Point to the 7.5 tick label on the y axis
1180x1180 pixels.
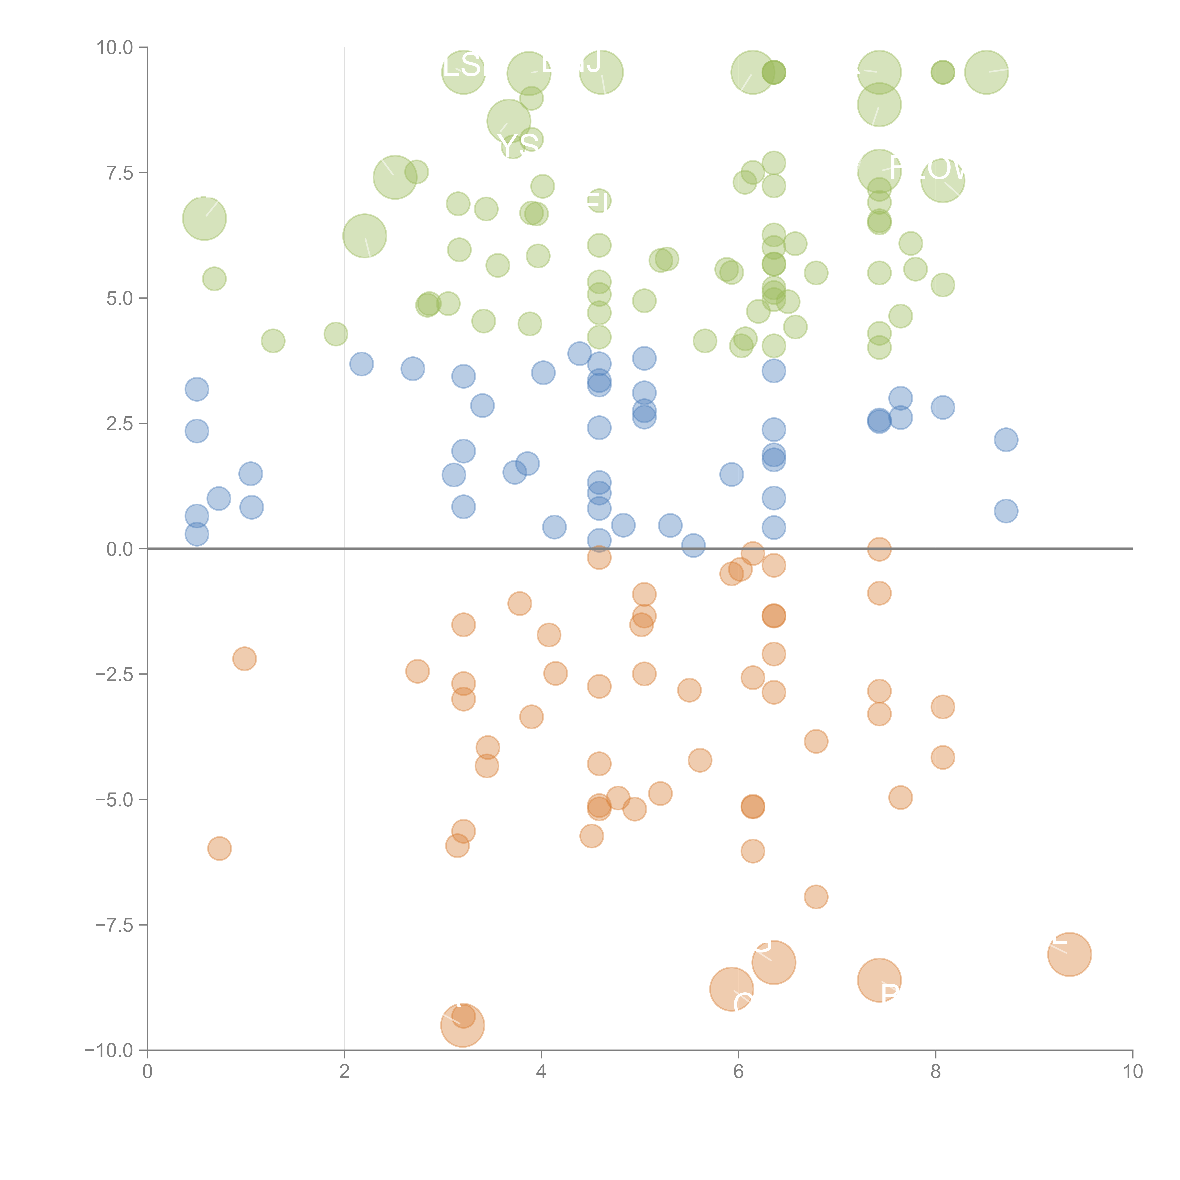pyautogui.click(x=119, y=173)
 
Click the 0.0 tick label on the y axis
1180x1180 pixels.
pyautogui.click(x=119, y=549)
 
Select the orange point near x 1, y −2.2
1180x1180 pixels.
pyautogui.click(x=244, y=658)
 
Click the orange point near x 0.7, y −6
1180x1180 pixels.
pyautogui.click(x=219, y=848)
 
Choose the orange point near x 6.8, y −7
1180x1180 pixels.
pyautogui.click(x=816, y=897)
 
